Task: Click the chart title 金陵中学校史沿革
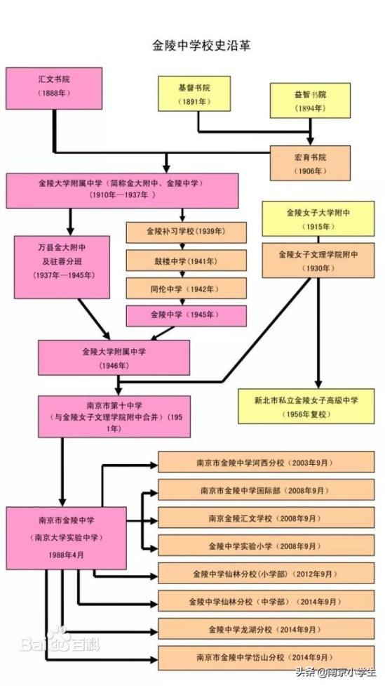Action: click(x=201, y=46)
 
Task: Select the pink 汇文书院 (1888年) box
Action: click(x=54, y=88)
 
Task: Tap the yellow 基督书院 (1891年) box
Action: click(x=194, y=93)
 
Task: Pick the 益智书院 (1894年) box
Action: click(x=310, y=100)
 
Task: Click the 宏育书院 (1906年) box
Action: click(x=310, y=163)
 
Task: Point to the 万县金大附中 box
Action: click(x=62, y=267)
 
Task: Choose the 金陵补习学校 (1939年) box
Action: click(x=186, y=232)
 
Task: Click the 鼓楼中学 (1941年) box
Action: click(x=186, y=260)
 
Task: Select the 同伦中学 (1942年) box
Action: click(x=186, y=289)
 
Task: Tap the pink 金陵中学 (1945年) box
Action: click(x=186, y=316)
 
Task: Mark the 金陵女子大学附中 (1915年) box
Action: click(x=318, y=219)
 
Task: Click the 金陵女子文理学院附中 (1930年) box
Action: click(x=318, y=260)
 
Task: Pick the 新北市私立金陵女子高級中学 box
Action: click(x=306, y=406)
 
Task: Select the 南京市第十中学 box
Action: click(x=114, y=416)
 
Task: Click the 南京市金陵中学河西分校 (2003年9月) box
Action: click(x=266, y=462)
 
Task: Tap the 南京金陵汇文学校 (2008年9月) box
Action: click(x=266, y=517)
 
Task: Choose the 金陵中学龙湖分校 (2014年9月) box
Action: click(x=266, y=628)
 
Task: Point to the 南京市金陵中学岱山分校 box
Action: click(x=266, y=657)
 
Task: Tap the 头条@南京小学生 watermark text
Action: click(x=336, y=671)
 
